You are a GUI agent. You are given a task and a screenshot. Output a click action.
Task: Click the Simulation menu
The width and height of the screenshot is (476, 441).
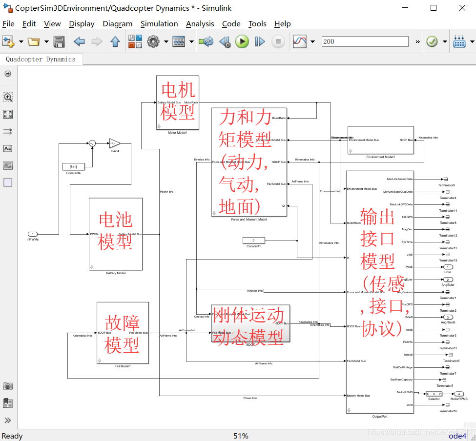[159, 23]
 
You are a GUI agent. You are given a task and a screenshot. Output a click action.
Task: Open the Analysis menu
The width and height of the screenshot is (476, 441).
[200, 23]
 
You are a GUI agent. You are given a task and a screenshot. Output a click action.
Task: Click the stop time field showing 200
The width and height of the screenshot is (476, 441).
[365, 41]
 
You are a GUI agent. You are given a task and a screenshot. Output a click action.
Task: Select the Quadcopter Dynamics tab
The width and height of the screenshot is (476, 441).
[41, 59]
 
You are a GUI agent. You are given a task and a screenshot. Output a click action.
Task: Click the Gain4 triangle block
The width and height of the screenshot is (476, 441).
[114, 143]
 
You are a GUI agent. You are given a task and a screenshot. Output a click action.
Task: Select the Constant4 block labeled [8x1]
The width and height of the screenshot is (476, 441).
[73, 167]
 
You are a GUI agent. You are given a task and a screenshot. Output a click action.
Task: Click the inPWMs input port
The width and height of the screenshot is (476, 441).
[33, 234]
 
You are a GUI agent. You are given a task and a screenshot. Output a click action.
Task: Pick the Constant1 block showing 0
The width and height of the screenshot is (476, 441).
[253, 240]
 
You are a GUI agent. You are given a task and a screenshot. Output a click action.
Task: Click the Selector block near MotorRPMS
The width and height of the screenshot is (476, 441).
[434, 394]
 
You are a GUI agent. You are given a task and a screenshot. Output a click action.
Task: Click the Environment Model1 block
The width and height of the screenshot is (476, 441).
[380, 140]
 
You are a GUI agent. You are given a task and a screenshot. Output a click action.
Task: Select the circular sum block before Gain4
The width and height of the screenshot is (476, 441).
[92, 143]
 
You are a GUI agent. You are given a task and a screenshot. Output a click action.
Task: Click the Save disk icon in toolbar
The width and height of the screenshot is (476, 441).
[59, 42]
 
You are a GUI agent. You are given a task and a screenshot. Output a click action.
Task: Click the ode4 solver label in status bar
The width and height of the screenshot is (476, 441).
[457, 436]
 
